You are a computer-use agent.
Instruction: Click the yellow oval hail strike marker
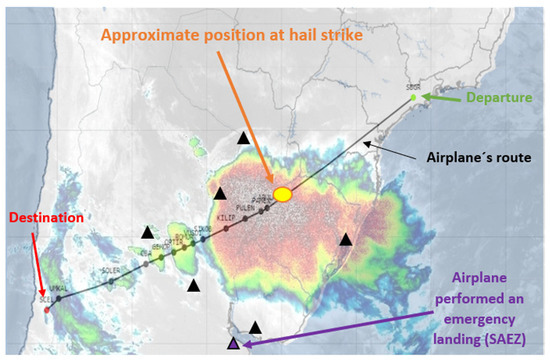point(283,193)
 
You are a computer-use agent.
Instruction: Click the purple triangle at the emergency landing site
point(233,343)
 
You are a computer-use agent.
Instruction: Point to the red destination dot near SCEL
point(47,308)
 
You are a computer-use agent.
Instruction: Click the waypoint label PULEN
point(245,208)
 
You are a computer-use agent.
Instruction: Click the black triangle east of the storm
point(345,238)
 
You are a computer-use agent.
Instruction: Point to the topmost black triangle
point(244,138)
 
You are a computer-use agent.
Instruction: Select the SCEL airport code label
point(43,299)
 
